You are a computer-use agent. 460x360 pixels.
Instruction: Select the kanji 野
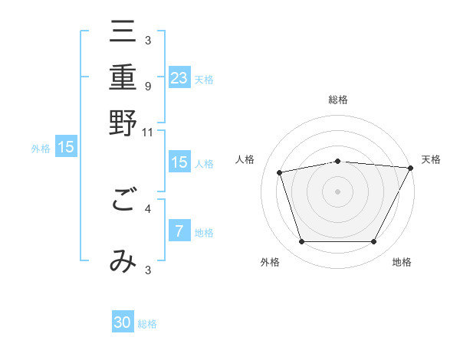tap(123, 123)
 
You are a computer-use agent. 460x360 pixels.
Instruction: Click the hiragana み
tap(123, 261)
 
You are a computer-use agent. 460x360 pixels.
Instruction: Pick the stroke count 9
tap(147, 86)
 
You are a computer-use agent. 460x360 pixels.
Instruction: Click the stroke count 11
tap(148, 132)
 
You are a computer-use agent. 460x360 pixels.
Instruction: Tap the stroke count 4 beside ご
tap(147, 207)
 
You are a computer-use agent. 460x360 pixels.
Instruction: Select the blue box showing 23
tap(179, 77)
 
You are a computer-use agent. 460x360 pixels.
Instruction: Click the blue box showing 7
tap(179, 231)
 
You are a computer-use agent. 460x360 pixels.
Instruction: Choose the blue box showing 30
tap(123, 322)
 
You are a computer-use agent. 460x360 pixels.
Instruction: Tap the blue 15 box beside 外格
tap(67, 146)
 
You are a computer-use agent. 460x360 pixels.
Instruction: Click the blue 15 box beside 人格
tap(179, 162)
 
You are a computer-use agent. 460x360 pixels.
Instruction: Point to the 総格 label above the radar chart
tap(338, 100)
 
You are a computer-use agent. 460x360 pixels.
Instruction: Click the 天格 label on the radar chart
tap(431, 159)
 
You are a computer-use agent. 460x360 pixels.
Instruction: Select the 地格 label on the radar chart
tap(402, 262)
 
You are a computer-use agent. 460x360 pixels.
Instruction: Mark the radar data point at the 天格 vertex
tap(410, 168)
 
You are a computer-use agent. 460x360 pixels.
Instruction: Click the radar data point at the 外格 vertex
tap(301, 242)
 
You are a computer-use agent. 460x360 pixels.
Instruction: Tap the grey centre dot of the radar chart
tap(338, 191)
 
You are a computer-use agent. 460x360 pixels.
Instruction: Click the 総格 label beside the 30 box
tap(147, 324)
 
